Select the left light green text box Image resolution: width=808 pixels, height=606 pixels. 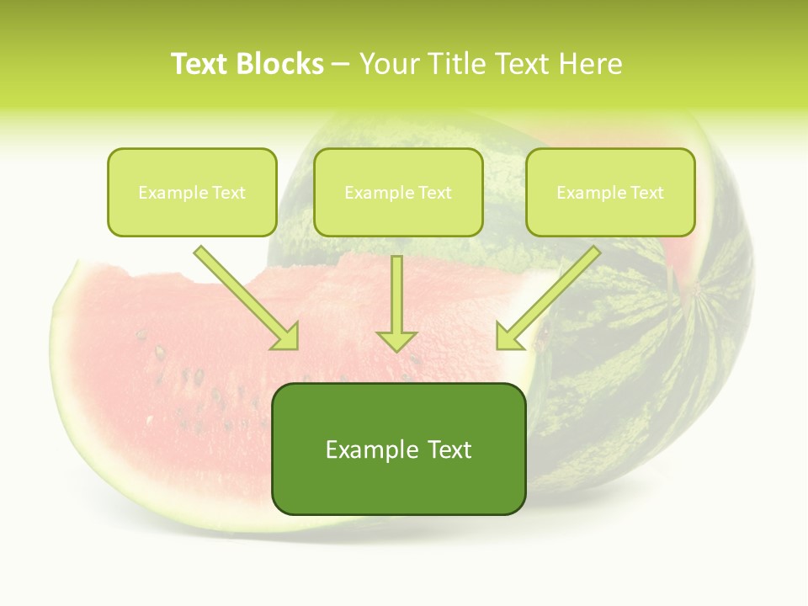(x=192, y=192)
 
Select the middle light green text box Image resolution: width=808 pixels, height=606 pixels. (x=398, y=192)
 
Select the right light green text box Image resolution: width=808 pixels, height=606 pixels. (x=610, y=192)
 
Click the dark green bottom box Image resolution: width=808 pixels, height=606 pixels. (x=398, y=449)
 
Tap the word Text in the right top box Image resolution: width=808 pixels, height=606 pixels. (x=647, y=193)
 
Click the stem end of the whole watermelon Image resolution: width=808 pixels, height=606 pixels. (x=696, y=290)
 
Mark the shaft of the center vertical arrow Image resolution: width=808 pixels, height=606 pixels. (x=396, y=290)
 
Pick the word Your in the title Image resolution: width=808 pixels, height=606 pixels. (x=388, y=64)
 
